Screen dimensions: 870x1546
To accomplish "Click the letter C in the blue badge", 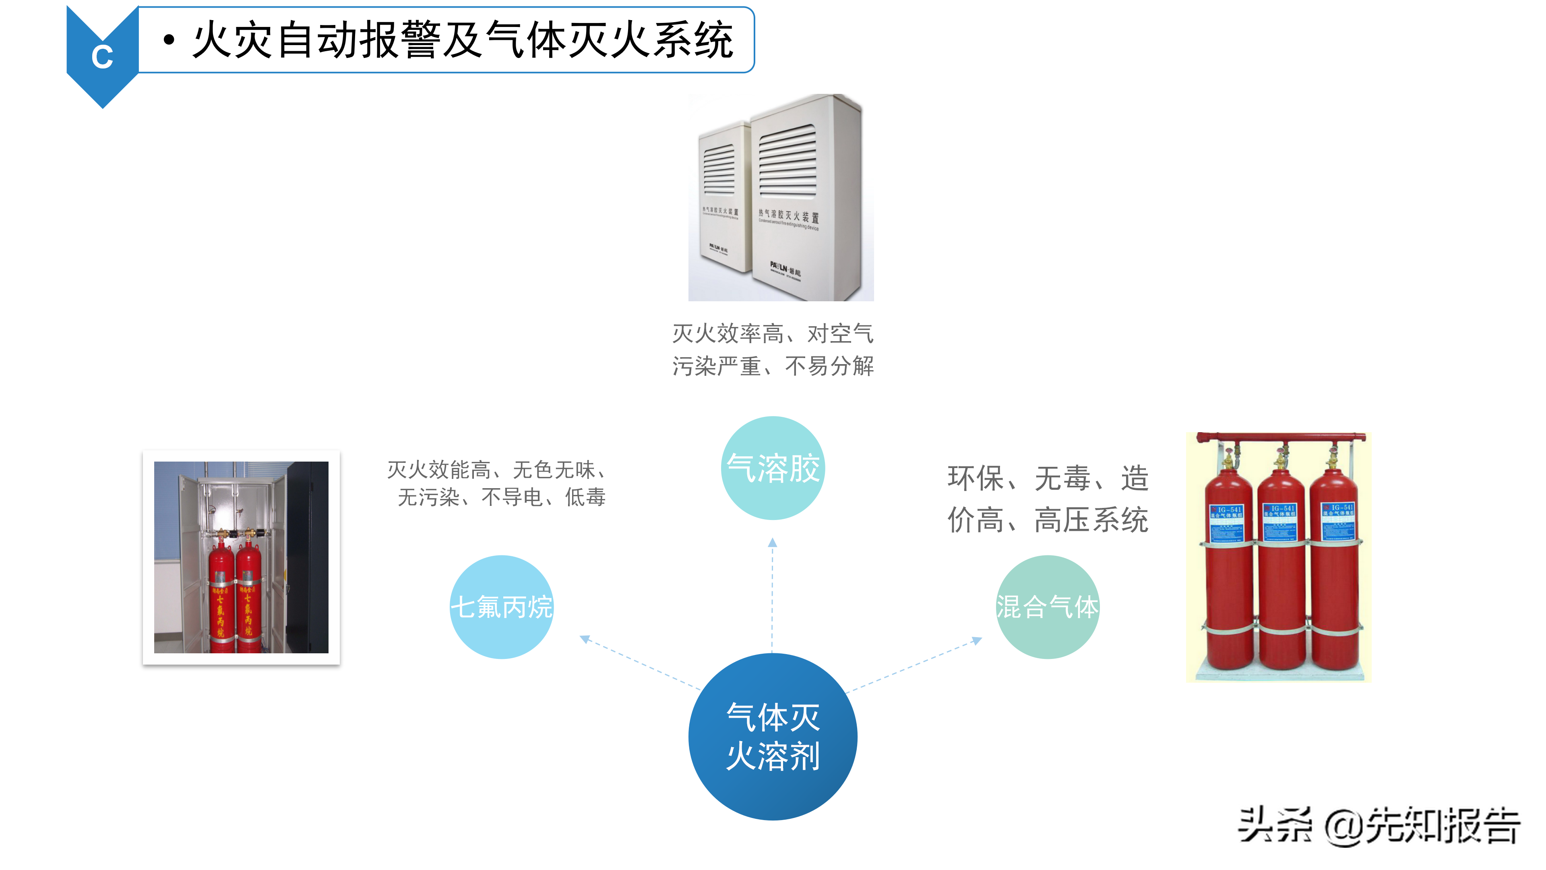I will tap(102, 57).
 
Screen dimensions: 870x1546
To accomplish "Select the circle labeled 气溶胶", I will tap(773, 468).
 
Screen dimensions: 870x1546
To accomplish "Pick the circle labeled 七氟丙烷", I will tap(501, 607).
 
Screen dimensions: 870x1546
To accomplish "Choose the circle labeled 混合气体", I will tap(1047, 607).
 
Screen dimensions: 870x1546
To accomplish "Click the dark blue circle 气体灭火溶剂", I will tap(773, 736).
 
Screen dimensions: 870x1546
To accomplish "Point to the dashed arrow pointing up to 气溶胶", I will tap(773, 594).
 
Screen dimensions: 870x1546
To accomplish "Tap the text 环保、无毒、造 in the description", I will tap(1047, 478).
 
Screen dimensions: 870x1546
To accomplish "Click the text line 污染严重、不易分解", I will tap(773, 366).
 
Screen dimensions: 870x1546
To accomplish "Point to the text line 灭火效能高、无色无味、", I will tap(497, 470).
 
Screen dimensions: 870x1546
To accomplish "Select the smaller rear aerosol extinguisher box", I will tap(723, 198).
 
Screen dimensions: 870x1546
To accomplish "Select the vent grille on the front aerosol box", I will tap(787, 161).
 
